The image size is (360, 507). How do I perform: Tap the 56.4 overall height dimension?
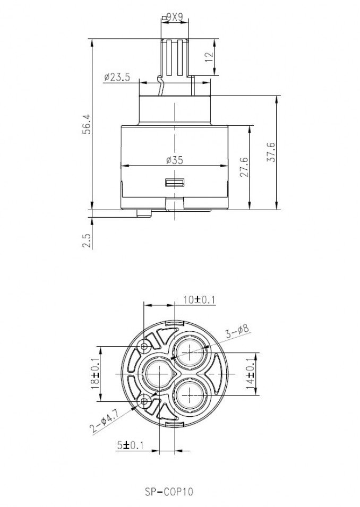click(87, 124)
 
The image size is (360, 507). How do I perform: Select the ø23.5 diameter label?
click(117, 78)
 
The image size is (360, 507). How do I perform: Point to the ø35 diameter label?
click(174, 160)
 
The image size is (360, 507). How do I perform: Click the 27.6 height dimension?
click(245, 167)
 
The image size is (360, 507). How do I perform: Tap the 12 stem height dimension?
click(209, 57)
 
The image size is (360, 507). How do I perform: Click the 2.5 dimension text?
click(87, 241)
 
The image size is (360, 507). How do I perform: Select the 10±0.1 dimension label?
click(199, 300)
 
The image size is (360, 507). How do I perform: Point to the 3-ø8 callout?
click(237, 331)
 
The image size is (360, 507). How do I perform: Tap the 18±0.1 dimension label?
click(95, 374)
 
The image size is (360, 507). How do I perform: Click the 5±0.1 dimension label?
click(130, 446)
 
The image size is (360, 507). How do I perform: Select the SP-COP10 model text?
click(169, 492)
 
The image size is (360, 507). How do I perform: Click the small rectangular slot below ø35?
click(174, 183)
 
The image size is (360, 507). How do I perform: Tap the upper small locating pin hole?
click(144, 347)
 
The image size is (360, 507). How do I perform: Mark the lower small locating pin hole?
click(144, 401)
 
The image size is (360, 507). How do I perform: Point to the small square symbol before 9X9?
click(164, 18)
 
